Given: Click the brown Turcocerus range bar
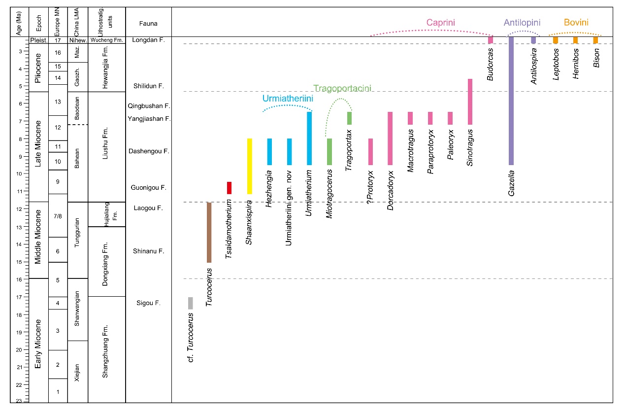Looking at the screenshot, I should click(209, 232).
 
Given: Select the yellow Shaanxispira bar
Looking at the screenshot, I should click(250, 166).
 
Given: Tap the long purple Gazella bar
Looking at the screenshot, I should click(511, 101).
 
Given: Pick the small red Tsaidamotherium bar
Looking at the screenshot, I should click(229, 188).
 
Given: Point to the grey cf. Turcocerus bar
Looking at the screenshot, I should click(190, 303).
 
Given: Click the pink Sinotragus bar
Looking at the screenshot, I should click(470, 102).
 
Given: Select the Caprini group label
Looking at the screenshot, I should click(441, 23).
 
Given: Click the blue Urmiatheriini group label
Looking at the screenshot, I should click(288, 99).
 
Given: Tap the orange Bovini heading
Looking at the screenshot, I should click(576, 22).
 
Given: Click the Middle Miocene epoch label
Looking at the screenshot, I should click(38, 240).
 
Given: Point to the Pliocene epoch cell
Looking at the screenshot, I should click(38, 68).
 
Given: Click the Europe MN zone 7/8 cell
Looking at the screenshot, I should click(58, 216).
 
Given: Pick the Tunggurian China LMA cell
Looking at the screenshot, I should click(77, 240).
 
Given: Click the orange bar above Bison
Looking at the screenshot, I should click(595, 40).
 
